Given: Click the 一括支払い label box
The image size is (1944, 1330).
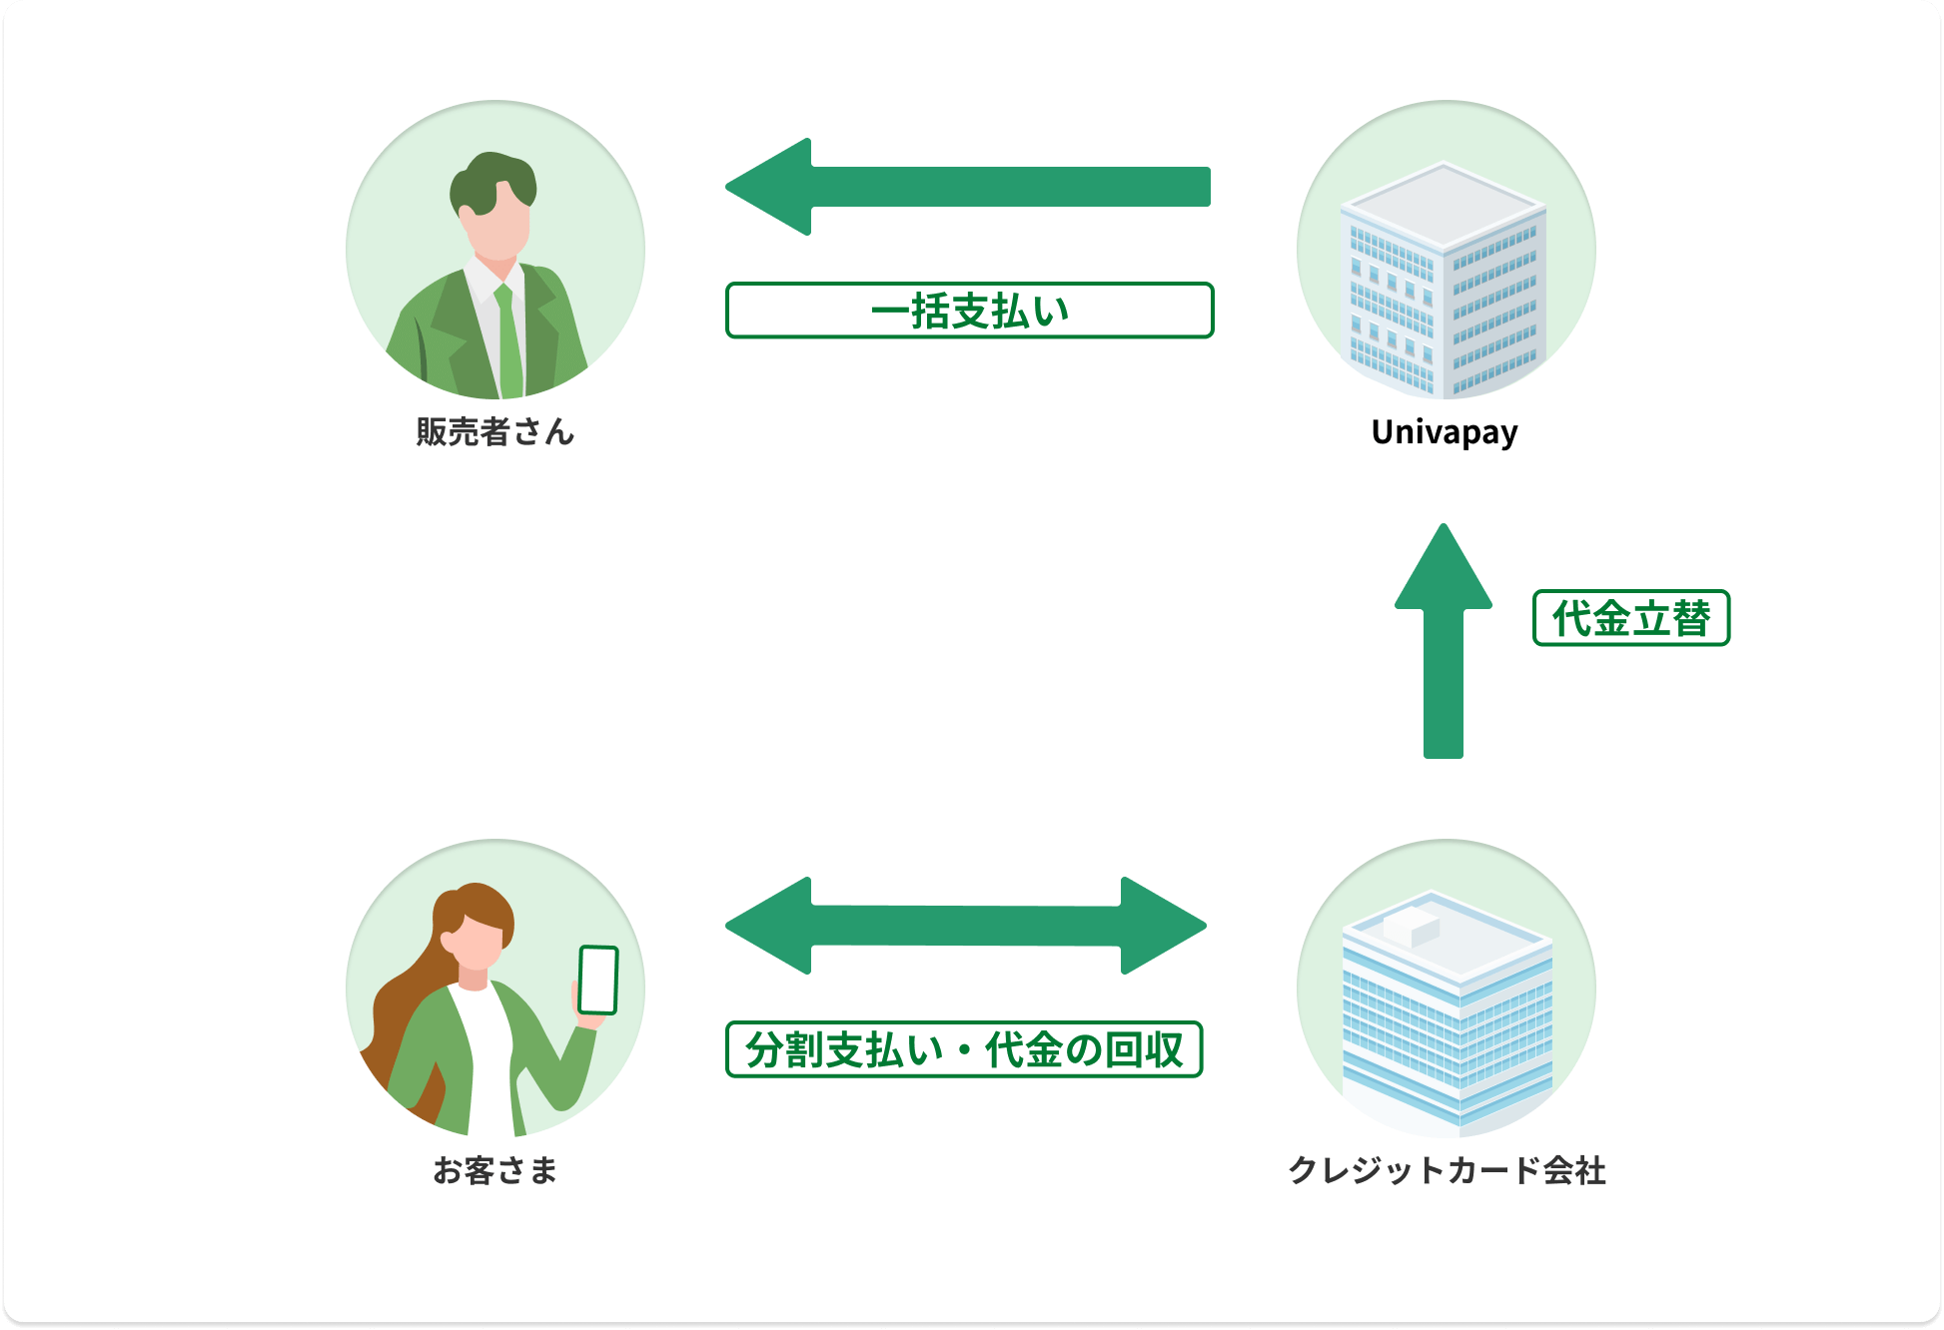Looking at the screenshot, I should pyautogui.click(x=969, y=311).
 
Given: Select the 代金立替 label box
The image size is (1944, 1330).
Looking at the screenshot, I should pyautogui.click(x=1630, y=618).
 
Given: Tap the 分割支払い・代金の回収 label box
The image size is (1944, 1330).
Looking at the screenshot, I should pyautogui.click(x=964, y=1049).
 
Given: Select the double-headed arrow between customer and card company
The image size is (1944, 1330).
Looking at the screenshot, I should pyautogui.click(x=965, y=926).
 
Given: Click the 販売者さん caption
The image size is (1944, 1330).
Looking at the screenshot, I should pyautogui.click(x=495, y=431).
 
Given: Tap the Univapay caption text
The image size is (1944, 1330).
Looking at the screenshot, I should pyautogui.click(x=1445, y=431).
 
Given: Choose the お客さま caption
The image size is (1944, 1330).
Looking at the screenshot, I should pyautogui.click(x=495, y=1170).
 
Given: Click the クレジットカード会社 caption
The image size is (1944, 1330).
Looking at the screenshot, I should pyautogui.click(x=1447, y=1170).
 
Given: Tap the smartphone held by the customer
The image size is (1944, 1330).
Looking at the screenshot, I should pyautogui.click(x=598, y=980).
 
